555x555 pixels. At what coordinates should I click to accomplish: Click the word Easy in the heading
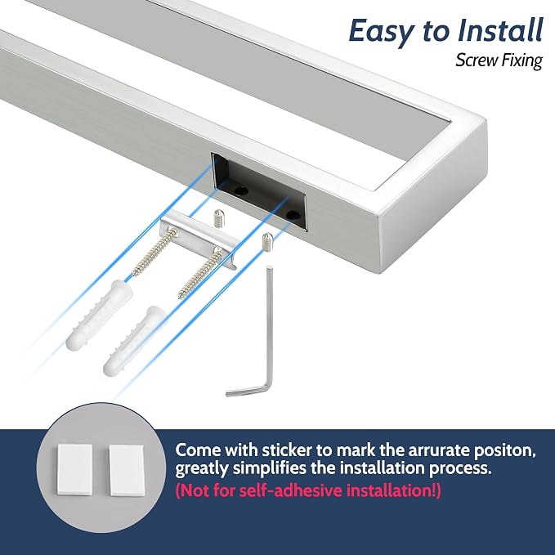381,32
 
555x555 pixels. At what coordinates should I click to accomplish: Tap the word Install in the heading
499,30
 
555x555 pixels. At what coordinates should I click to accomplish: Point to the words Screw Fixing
499,60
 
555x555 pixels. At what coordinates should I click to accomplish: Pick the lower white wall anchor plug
135,341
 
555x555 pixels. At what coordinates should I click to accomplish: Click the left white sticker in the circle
75,470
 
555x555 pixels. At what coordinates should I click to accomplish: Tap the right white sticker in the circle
127,471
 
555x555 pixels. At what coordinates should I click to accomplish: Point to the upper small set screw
219,219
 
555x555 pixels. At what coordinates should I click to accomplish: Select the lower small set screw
267,241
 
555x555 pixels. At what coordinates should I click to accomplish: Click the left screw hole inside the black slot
242,190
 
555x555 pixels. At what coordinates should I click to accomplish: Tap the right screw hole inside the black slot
292,214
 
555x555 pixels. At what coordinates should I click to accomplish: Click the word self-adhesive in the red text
291,491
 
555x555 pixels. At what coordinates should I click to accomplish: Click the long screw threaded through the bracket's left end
154,253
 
